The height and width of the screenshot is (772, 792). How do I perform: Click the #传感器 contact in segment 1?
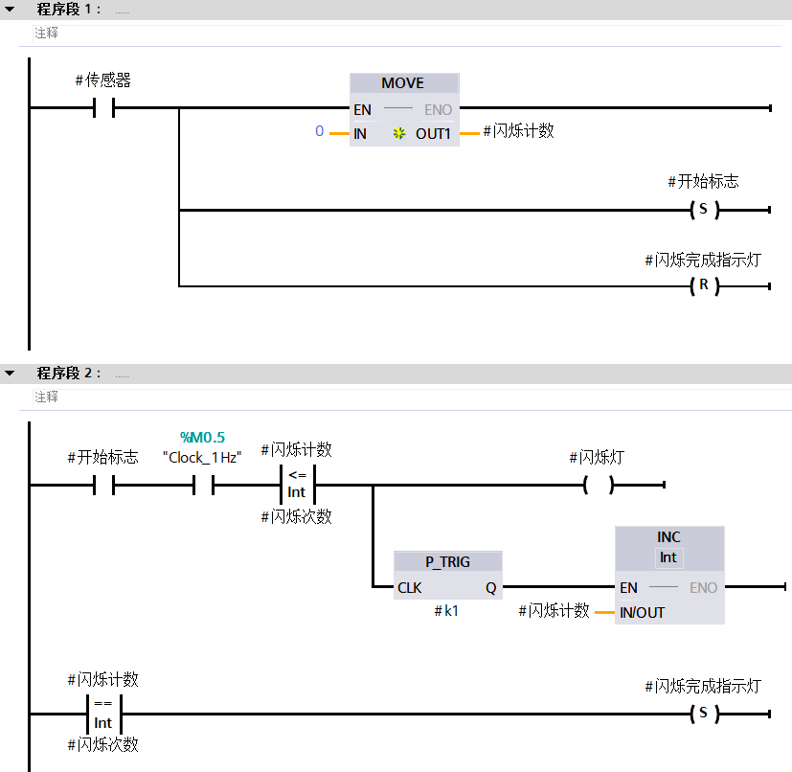103,108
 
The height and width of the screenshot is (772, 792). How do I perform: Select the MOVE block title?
402,83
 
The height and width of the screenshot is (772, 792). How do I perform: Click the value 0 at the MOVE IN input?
320,131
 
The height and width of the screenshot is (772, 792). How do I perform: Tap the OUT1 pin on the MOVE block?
433,133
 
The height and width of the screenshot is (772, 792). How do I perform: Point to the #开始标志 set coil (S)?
703,210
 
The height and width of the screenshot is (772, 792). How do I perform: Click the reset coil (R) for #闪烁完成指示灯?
703,285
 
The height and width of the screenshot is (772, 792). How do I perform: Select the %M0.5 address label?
202,438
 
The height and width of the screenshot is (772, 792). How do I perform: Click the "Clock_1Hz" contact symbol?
203,486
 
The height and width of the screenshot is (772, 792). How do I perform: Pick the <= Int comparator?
297,485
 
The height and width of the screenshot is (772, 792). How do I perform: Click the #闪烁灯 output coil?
598,486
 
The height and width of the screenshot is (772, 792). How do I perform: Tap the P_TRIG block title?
447,561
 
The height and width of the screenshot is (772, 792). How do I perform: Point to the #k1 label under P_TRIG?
446,610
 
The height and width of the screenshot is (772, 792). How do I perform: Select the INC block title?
668,537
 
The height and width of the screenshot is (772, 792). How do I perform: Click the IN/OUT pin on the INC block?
642,612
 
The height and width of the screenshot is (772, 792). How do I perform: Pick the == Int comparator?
103,714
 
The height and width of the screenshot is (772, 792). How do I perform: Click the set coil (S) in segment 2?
703,714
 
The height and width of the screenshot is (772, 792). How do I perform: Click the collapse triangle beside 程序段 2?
10,373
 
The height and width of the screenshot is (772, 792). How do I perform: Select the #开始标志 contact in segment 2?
103,486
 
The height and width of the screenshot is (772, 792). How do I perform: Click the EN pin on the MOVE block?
361,109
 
